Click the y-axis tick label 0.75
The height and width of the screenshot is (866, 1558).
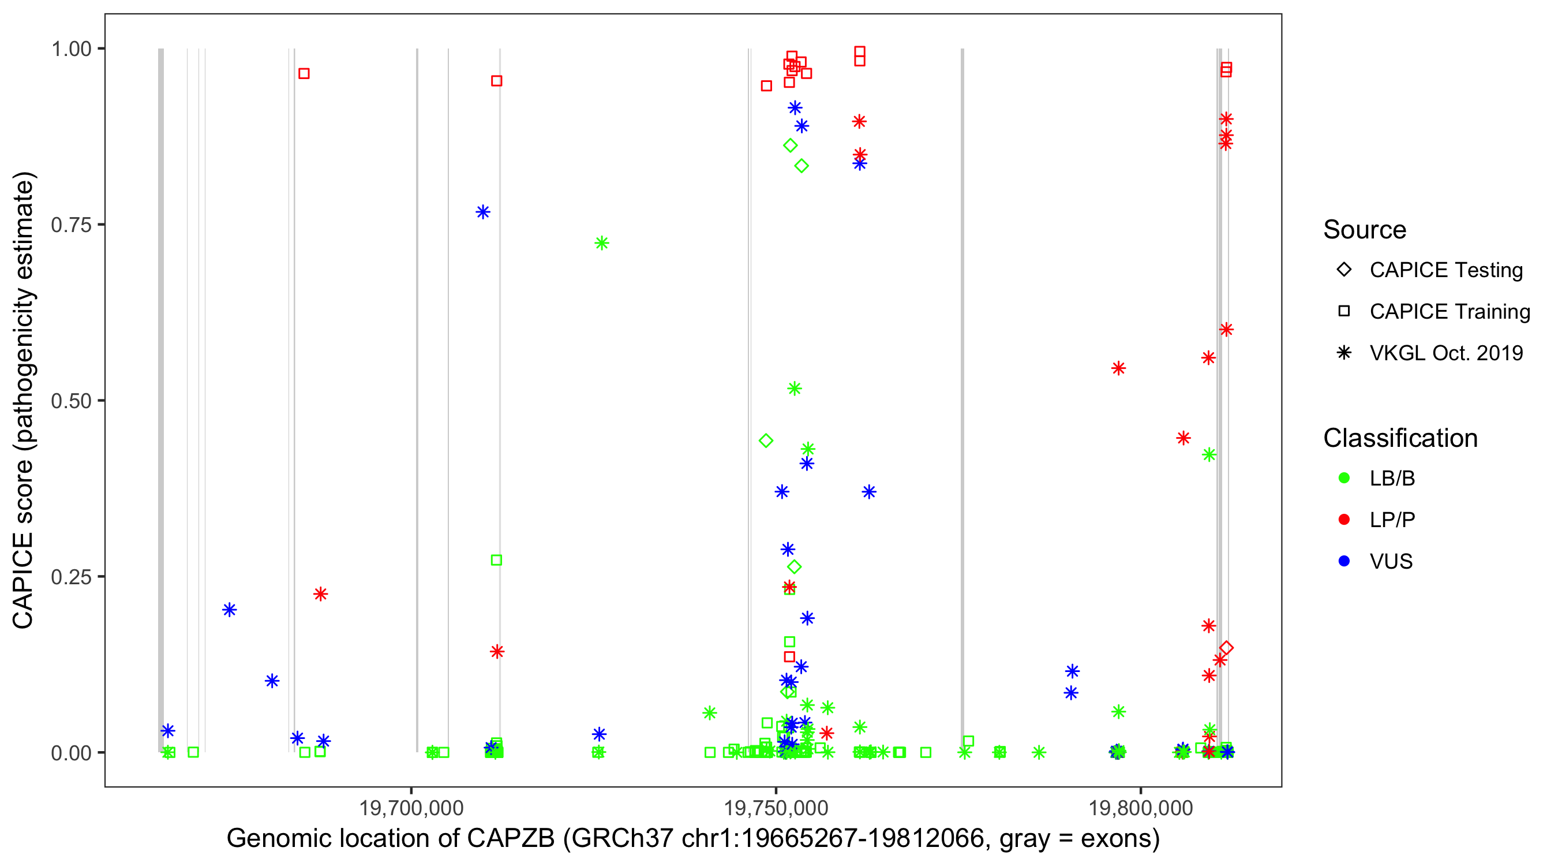click(70, 225)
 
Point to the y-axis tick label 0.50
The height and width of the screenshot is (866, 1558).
click(70, 401)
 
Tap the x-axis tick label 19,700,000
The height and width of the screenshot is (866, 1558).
click(411, 807)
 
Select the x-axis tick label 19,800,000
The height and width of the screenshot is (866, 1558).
click(1141, 807)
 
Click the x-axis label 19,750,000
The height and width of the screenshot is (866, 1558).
click(776, 807)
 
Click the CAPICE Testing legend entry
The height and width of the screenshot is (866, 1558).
click(1445, 270)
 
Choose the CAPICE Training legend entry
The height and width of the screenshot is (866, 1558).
click(1449, 312)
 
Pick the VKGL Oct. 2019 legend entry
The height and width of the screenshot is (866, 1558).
click(1445, 353)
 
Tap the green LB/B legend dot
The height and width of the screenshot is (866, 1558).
click(1344, 478)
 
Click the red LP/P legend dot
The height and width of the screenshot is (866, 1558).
click(1344, 520)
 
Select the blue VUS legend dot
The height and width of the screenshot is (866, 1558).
click(1344, 561)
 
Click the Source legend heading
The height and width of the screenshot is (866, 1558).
click(1365, 230)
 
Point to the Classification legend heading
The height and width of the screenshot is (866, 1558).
click(1400, 438)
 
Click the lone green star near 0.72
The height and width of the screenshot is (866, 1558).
click(601, 243)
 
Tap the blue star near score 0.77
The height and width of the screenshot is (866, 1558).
click(482, 212)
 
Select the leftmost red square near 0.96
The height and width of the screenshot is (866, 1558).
click(304, 74)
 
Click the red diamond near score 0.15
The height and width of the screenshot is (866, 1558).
click(1227, 648)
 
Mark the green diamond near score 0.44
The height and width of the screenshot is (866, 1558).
click(766, 441)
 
